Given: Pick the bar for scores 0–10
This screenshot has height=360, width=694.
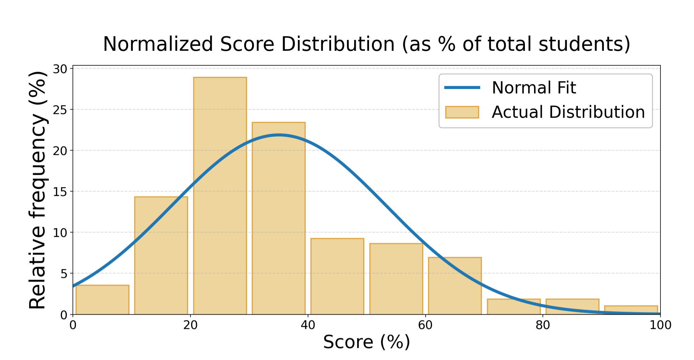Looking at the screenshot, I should click(x=102, y=300).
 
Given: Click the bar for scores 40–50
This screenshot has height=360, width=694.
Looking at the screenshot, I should click(x=337, y=276).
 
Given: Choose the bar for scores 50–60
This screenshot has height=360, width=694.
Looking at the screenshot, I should click(x=396, y=279).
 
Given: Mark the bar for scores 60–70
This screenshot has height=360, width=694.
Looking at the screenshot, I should click(x=455, y=286).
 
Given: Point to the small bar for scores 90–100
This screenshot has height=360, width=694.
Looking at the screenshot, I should click(x=631, y=310).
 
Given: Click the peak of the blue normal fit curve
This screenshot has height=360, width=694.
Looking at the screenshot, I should click(x=279, y=135).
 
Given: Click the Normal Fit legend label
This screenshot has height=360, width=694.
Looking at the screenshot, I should click(x=534, y=88).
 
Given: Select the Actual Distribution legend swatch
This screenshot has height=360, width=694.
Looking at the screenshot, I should click(x=462, y=112).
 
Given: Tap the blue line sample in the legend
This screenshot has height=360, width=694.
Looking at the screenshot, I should click(x=462, y=88).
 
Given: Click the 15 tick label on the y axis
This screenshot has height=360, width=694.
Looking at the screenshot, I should click(x=60, y=192).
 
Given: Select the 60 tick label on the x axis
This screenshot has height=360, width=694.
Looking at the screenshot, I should click(x=425, y=325).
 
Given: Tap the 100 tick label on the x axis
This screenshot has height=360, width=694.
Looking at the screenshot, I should click(x=660, y=325).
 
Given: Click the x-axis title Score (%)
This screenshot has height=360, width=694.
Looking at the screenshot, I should click(x=366, y=342).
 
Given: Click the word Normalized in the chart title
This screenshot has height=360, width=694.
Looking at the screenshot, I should click(x=158, y=44).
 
